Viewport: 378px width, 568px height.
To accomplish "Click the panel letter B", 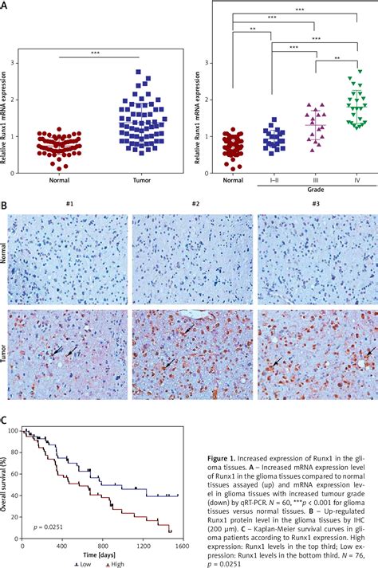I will pos(5,205).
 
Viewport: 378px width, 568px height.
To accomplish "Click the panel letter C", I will pos(5,421).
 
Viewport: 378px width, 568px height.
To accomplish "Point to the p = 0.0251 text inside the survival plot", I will pos(49,527).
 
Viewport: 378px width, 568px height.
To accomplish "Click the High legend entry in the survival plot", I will pos(114,562).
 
